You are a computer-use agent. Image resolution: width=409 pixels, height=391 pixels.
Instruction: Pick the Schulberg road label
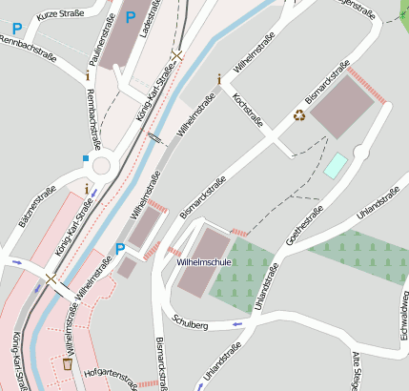click(191, 324)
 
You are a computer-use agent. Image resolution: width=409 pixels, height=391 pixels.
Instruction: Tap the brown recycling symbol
click(299, 115)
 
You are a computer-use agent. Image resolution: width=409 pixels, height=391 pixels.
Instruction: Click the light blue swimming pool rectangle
click(337, 165)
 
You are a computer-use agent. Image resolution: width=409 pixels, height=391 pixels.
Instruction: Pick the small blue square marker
click(85, 158)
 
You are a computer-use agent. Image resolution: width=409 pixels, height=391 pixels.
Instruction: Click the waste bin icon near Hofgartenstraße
click(68, 363)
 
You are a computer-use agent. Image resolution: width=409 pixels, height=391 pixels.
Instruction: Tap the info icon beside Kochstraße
click(218, 79)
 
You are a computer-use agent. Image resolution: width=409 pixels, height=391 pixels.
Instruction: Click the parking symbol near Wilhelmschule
click(119, 249)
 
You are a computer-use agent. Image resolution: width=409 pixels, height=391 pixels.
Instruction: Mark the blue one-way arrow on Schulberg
click(238, 325)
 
